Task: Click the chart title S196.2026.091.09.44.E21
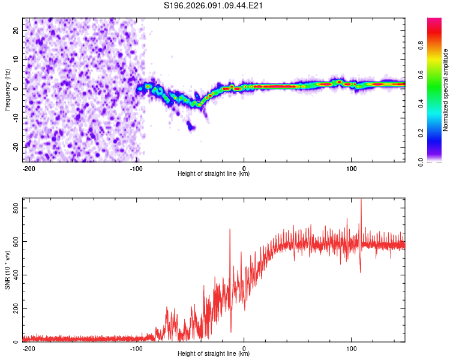click(214, 5)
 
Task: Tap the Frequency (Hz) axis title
click(7, 89)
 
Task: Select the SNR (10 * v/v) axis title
click(7, 270)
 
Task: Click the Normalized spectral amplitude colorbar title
click(446, 90)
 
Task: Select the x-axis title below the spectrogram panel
click(214, 174)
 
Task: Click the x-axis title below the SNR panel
click(214, 354)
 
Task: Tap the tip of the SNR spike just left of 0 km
click(230, 229)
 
